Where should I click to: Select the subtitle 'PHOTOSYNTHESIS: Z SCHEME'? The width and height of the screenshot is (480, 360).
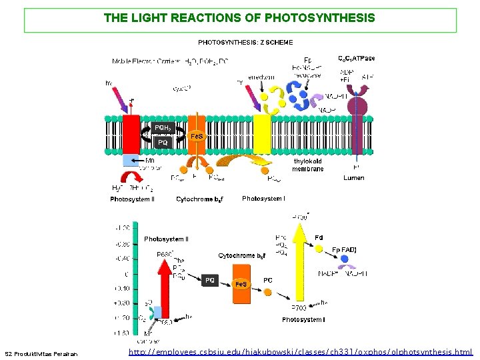pyautogui.click(x=245, y=43)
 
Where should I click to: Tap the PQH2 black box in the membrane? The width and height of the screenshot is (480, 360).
pyautogui.click(x=163, y=127)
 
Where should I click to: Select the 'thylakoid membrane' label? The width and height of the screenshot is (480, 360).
pyautogui.click(x=308, y=165)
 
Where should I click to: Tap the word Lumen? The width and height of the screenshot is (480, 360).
pyautogui.click(x=354, y=178)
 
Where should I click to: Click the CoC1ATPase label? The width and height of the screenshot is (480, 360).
pyautogui.click(x=357, y=59)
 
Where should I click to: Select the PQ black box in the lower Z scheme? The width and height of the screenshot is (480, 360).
pyautogui.click(x=210, y=281)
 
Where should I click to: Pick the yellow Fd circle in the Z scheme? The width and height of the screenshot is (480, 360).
pyautogui.click(x=319, y=248)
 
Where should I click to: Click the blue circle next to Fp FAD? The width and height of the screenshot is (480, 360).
pyautogui.click(x=344, y=259)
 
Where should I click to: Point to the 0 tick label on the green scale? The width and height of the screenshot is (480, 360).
pyautogui.click(x=126, y=274)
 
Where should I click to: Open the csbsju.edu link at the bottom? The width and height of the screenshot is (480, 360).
pyautogui.click(x=300, y=351)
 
